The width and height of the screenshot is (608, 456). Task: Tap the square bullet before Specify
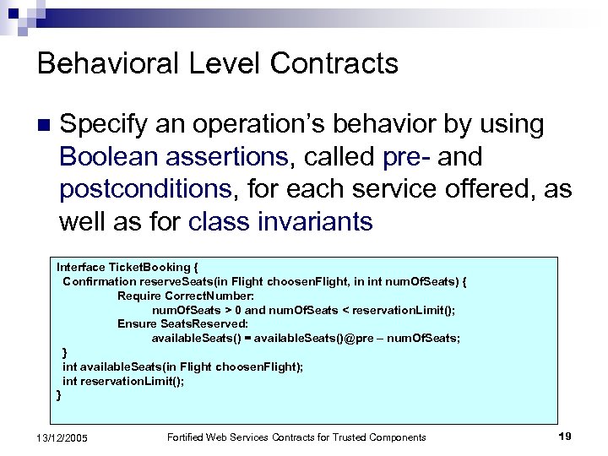(x=44, y=126)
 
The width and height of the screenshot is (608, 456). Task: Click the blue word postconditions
(x=145, y=188)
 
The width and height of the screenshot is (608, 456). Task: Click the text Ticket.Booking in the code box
(x=147, y=267)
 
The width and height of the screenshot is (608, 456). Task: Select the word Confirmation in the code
(x=99, y=280)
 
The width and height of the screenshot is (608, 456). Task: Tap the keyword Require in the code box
(x=139, y=295)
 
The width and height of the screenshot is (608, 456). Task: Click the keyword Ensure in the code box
(x=137, y=323)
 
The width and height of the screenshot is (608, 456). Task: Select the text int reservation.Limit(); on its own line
(x=123, y=381)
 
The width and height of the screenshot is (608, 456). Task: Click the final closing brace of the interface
(x=58, y=394)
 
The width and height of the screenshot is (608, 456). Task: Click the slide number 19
(x=565, y=437)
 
